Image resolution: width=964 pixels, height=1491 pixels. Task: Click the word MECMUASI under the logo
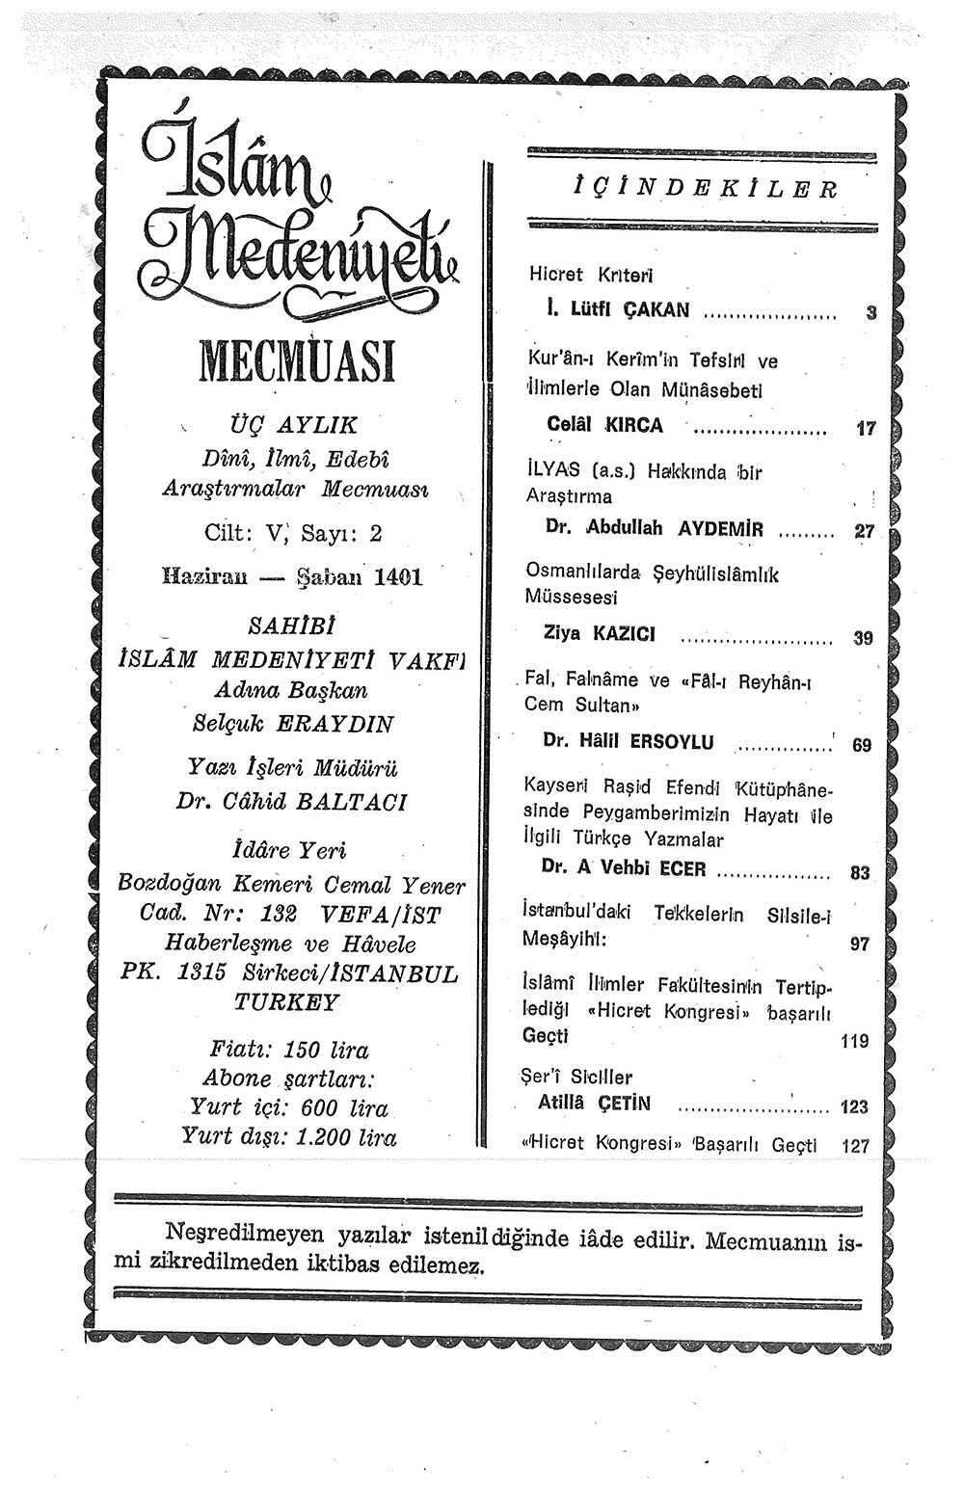tap(297, 362)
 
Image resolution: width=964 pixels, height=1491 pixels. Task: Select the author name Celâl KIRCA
tap(604, 424)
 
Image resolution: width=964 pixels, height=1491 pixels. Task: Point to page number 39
tap(863, 637)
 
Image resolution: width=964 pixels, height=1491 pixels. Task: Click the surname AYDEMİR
tap(721, 529)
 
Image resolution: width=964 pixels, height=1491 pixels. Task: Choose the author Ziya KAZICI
tap(600, 633)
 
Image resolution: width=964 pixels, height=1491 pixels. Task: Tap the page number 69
tap(862, 744)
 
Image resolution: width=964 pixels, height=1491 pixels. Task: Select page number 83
tap(860, 873)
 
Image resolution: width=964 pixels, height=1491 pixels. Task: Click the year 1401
tap(398, 577)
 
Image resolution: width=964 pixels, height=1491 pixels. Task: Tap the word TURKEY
tap(287, 1002)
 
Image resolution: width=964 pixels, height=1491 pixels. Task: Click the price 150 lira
tap(327, 1050)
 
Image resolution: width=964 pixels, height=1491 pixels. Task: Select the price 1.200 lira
tap(346, 1137)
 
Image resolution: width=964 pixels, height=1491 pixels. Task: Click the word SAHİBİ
tap(291, 626)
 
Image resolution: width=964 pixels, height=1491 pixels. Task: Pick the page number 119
tap(854, 1041)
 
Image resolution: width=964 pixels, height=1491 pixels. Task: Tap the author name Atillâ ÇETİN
tap(599, 1104)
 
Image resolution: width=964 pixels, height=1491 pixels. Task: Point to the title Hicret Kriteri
tap(591, 275)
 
